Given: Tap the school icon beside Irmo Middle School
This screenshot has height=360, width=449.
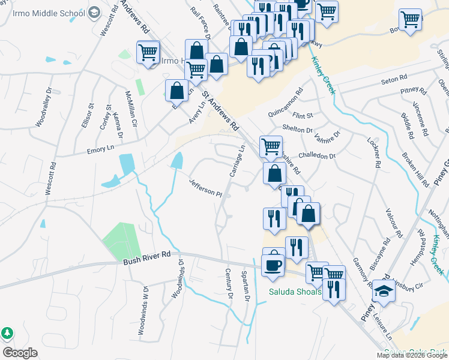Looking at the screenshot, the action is click(94, 12).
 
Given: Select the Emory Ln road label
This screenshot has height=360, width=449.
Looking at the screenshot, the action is click(100, 149).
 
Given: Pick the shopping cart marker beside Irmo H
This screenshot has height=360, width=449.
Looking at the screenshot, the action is click(148, 52).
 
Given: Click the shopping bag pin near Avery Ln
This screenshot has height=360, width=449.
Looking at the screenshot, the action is click(176, 91).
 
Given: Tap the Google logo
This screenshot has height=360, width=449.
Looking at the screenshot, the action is click(20, 353).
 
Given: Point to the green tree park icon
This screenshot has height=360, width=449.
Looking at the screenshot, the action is click(7, 332).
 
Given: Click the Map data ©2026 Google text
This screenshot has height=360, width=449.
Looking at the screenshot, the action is click(412, 355).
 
